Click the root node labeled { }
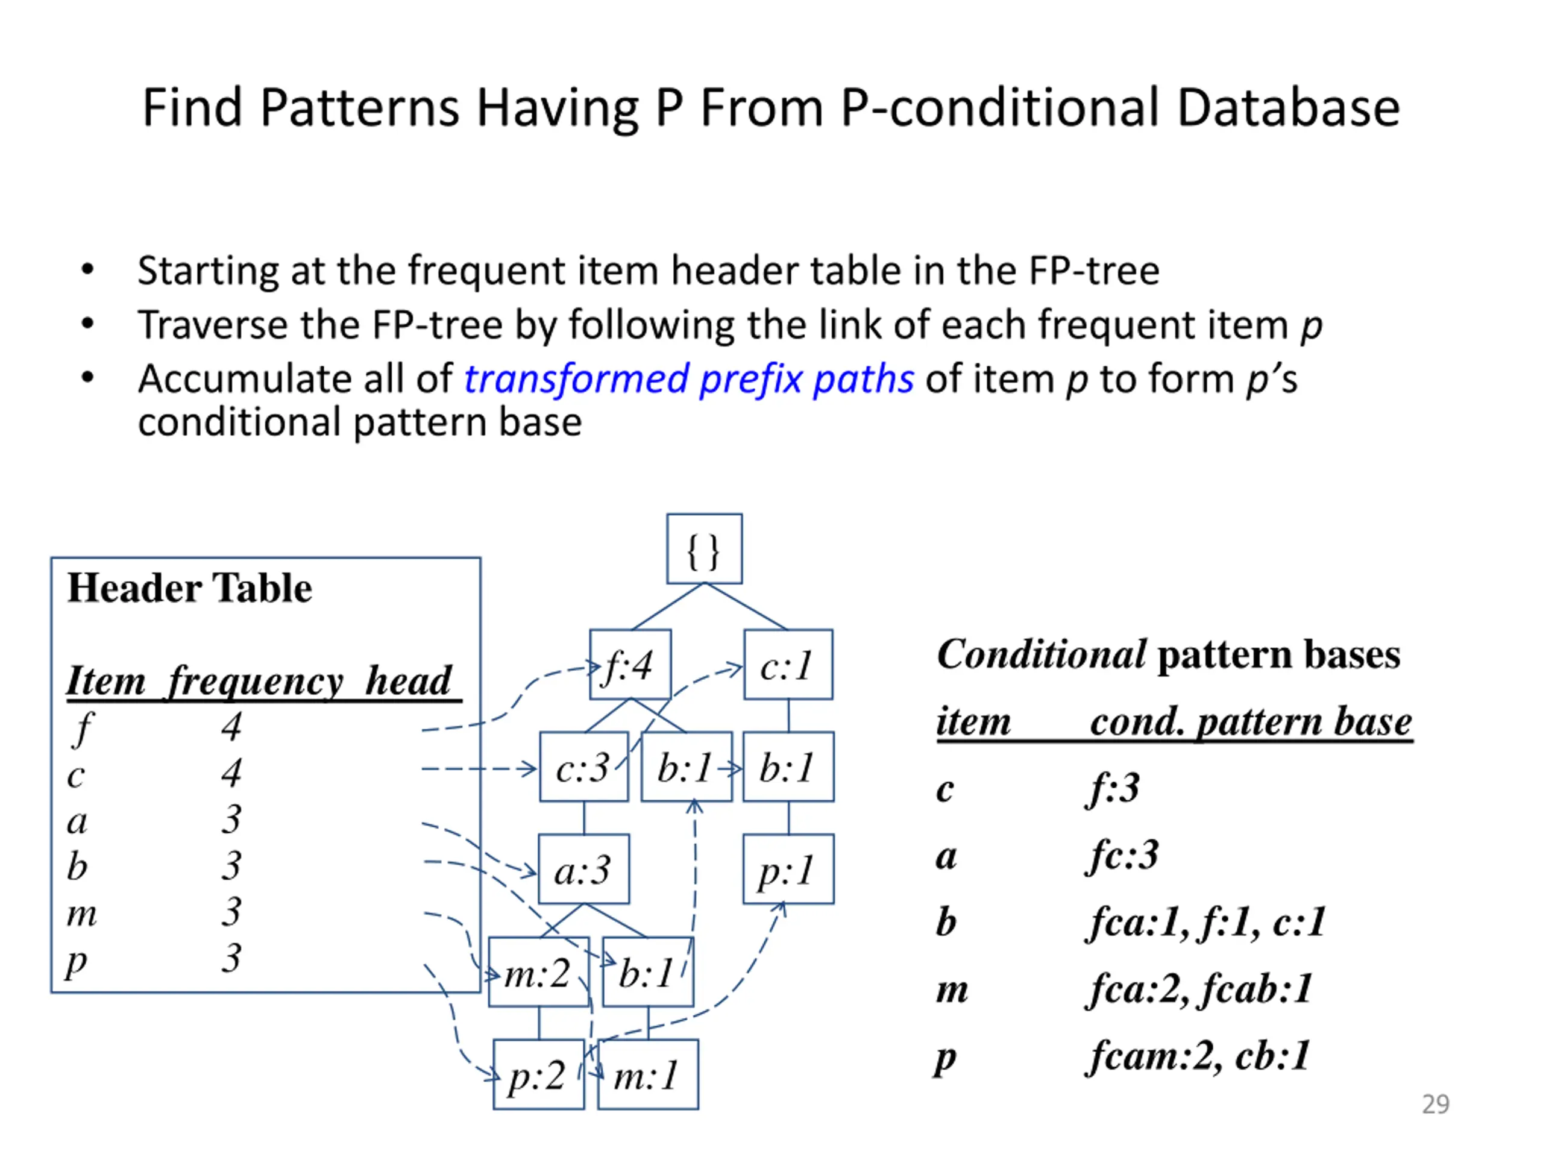coord(704,549)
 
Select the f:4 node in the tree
coord(630,665)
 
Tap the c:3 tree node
coord(583,767)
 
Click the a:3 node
coord(583,869)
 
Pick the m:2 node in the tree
coord(538,971)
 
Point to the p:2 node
coord(538,1074)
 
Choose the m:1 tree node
coord(647,1074)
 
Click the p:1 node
coord(788,869)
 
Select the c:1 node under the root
coord(788,665)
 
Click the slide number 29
coord(1436,1104)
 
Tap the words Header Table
coord(189,588)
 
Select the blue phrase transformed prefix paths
coord(688,378)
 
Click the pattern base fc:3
coord(1122,854)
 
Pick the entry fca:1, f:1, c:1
coord(1205,921)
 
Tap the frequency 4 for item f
coord(231,727)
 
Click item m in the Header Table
coord(81,913)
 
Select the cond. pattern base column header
coord(1251,721)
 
